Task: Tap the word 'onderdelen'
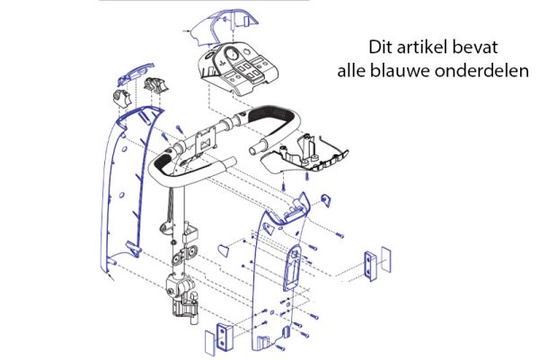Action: pyautogui.click(x=482, y=71)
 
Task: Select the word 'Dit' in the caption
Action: pyautogui.click(x=381, y=47)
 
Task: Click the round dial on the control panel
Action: pyautogui.click(x=233, y=54)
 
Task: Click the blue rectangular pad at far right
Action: pyautogui.click(x=386, y=259)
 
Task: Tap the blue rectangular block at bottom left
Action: pyautogui.click(x=224, y=337)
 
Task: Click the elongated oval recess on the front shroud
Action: pyautogui.click(x=292, y=267)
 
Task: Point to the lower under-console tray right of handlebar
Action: pyautogui.click(x=305, y=154)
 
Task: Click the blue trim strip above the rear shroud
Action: pyautogui.click(x=135, y=74)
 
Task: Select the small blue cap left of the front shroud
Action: pyautogui.click(x=223, y=250)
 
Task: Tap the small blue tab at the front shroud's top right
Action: pyautogui.click(x=326, y=200)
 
